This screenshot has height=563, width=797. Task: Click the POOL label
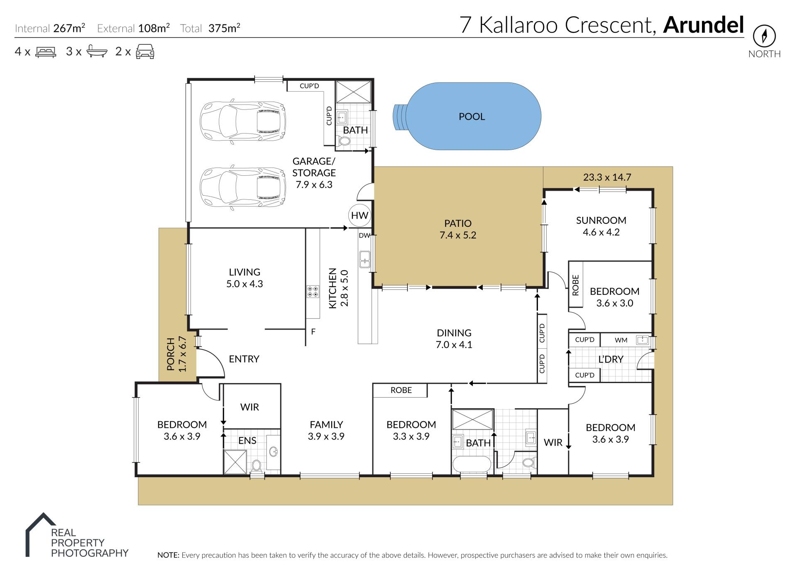pyautogui.click(x=472, y=116)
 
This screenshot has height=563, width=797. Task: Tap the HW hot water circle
pyautogui.click(x=359, y=216)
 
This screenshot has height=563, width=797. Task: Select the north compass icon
pyautogui.click(x=764, y=36)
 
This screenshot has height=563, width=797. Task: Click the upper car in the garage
pyautogui.click(x=243, y=121)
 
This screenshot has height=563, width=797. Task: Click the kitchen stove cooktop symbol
pyautogui.click(x=313, y=291)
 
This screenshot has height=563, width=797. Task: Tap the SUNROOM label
pyautogui.click(x=601, y=221)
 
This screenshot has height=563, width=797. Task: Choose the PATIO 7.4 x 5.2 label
pyautogui.click(x=458, y=229)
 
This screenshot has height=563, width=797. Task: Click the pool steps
pyautogui.click(x=400, y=116)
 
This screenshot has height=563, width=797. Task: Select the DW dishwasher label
pyautogui.click(x=364, y=235)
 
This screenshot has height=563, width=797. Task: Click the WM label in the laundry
pyautogui.click(x=621, y=340)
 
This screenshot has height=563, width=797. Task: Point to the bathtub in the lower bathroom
pyautogui.click(x=472, y=464)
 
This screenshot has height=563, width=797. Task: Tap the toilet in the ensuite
pyautogui.click(x=257, y=465)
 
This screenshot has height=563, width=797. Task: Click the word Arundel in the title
pyautogui.click(x=703, y=25)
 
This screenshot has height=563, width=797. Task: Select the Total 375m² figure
pyautogui.click(x=210, y=28)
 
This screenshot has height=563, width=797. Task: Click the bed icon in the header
pyautogui.click(x=46, y=52)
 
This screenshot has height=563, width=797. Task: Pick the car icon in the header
pyautogui.click(x=145, y=52)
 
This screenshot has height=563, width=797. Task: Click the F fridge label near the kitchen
pyautogui.click(x=313, y=332)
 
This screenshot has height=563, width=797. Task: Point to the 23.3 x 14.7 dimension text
pyautogui.click(x=607, y=177)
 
